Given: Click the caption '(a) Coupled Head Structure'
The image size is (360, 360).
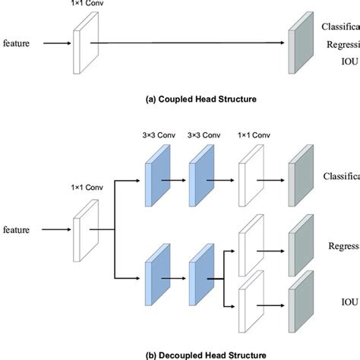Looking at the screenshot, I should point(179,98).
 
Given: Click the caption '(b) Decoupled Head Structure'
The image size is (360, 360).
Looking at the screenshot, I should point(179,353).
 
